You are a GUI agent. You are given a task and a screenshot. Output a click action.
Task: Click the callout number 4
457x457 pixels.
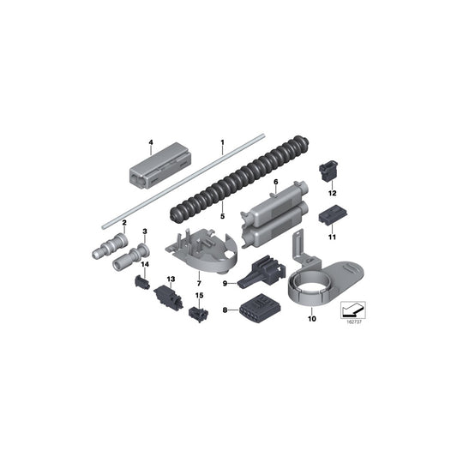(x=151, y=142)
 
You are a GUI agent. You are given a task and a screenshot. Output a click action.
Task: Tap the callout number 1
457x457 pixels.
(x=222, y=142)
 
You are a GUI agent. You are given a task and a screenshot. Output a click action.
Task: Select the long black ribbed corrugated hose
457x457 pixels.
(x=239, y=178)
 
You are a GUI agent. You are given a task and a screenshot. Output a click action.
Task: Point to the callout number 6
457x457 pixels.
(x=276, y=182)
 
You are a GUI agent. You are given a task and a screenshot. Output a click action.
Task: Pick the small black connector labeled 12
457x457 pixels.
(x=327, y=169)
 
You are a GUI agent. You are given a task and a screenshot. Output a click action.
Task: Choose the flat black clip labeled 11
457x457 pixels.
(x=333, y=215)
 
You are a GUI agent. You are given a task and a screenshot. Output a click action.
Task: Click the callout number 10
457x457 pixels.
(x=312, y=319)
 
